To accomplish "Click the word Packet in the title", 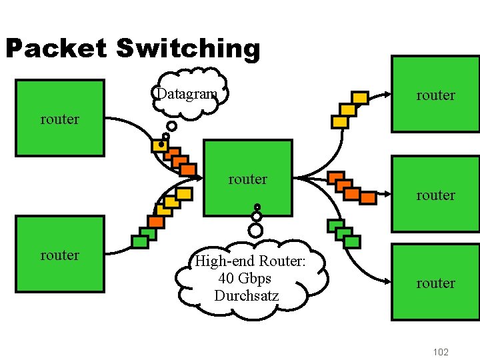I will click(55, 49).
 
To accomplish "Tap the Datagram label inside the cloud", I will click(187, 94).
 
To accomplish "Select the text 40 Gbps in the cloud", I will click(244, 278).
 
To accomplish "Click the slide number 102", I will click(441, 352).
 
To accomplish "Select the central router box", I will click(247, 178).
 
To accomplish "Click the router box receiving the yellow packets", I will click(435, 94).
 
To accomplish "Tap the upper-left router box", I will click(60, 119).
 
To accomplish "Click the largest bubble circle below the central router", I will click(255, 231).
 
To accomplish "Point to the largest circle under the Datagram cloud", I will click(172, 126).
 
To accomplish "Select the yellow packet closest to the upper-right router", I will click(360, 98).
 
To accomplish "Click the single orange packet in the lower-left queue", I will click(156, 221).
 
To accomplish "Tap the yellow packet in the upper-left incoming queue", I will click(159, 145).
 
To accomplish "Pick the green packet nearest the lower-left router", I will click(140, 241).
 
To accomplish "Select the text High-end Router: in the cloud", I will click(249, 261).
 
